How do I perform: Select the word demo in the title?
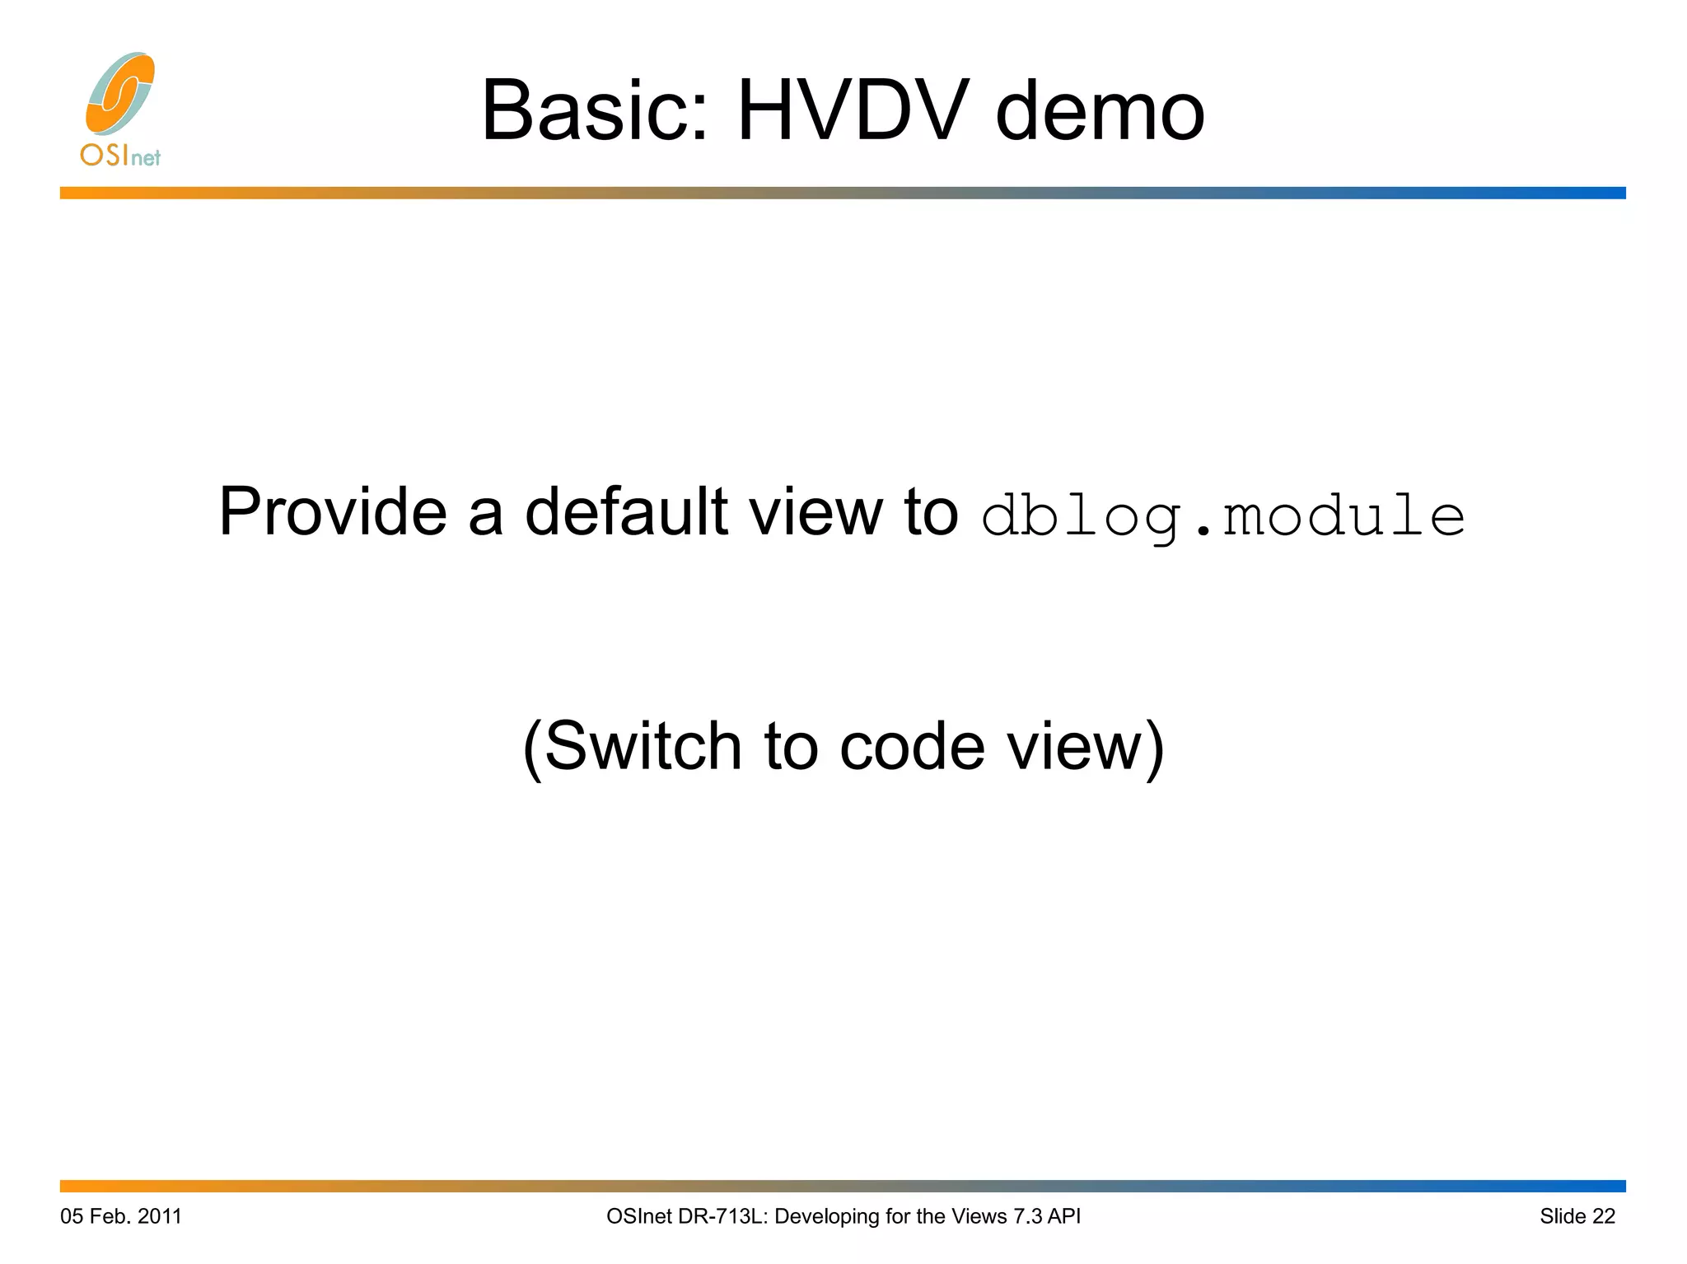coord(1101,110)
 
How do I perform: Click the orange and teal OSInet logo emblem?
coord(120,94)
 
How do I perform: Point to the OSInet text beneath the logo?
coord(120,155)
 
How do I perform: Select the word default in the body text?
coord(626,512)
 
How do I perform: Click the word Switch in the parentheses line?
coord(643,746)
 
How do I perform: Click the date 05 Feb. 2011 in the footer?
coord(121,1216)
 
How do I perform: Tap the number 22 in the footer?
coord(1604,1216)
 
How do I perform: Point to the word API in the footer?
coord(1063,1216)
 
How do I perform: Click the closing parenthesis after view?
coord(1155,748)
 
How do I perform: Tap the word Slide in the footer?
coord(1563,1216)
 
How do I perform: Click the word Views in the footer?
coord(979,1216)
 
